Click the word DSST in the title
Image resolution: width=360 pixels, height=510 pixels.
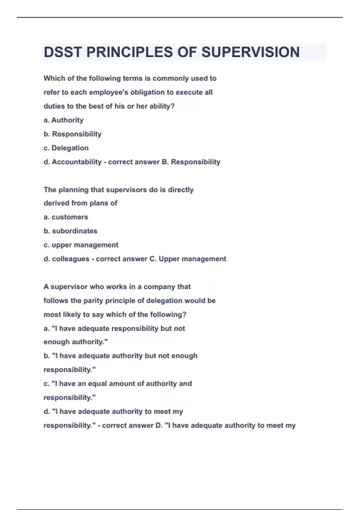(63, 52)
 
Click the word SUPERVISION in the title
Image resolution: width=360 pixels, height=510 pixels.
(250, 52)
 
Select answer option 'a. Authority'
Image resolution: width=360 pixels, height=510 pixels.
(64, 120)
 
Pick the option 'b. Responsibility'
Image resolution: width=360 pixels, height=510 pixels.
(73, 134)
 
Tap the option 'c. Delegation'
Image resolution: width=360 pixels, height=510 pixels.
(66, 148)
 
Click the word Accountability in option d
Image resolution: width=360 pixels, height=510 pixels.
(76, 162)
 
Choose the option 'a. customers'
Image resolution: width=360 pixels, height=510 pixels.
(66, 217)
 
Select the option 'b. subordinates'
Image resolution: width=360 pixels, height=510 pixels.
(70, 231)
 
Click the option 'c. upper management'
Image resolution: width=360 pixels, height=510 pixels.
(81, 245)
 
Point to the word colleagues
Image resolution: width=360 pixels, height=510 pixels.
(70, 259)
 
